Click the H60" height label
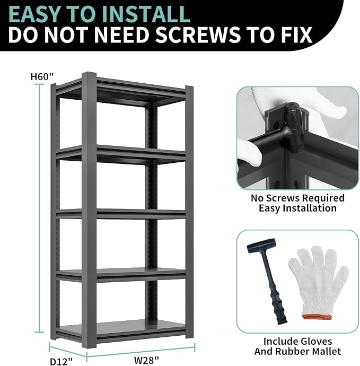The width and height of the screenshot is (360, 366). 42,76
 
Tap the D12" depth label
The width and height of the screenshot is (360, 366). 62,361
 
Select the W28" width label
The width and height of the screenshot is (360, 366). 146,360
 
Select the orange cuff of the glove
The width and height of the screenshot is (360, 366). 317,317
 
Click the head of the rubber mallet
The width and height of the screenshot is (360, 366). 261,247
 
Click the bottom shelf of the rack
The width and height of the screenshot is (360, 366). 121,329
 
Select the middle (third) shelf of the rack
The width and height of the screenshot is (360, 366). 121,214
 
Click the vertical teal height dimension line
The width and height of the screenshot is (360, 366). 39,208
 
